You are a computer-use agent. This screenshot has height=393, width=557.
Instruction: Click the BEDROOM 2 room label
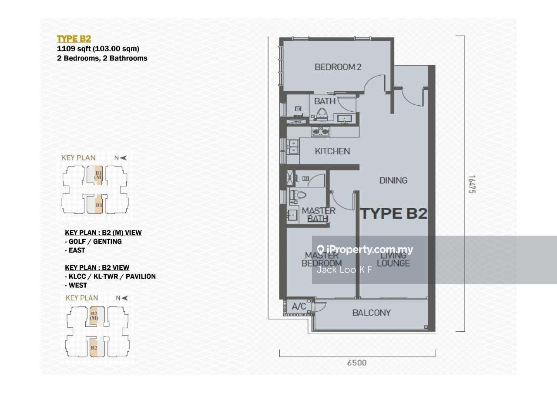click(x=338, y=67)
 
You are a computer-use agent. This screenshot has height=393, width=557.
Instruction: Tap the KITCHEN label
click(x=332, y=151)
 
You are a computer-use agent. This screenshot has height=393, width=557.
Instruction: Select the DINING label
click(x=393, y=180)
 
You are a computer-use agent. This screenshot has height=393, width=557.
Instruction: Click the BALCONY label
click(x=371, y=313)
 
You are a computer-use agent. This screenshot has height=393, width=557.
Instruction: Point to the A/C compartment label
click(x=299, y=306)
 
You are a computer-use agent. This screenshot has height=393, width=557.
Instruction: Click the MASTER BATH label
click(x=319, y=214)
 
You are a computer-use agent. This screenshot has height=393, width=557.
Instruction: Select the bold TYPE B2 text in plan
click(x=393, y=213)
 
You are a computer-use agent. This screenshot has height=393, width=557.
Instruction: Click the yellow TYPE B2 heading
click(x=74, y=39)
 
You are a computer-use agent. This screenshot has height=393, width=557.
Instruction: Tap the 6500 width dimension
click(x=357, y=363)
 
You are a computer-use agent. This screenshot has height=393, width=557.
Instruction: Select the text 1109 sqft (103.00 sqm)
click(x=98, y=49)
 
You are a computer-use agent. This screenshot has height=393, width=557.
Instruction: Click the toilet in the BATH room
click(x=322, y=114)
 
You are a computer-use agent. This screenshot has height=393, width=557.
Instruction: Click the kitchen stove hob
click(x=320, y=131)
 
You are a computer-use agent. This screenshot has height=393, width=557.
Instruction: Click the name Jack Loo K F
click(x=344, y=270)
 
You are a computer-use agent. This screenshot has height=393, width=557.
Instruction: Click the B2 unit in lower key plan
click(x=94, y=348)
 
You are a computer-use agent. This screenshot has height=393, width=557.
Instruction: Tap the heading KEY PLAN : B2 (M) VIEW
click(x=103, y=233)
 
